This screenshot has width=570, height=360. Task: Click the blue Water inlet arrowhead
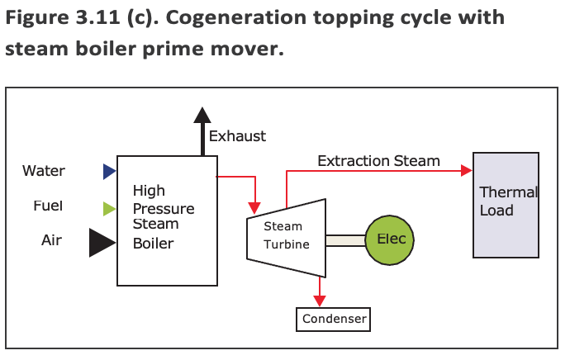(x=109, y=172)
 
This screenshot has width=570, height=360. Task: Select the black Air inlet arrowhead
(x=102, y=241)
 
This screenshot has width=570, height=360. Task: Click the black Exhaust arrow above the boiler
(x=201, y=132)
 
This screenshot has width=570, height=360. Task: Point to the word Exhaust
(x=237, y=136)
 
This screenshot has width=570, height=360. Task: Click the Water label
(x=44, y=172)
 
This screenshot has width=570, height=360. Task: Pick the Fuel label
(x=48, y=206)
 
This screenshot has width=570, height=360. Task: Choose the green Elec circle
(x=390, y=240)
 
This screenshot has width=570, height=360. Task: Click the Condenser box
(x=333, y=318)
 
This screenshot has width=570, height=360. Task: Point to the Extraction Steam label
(x=378, y=161)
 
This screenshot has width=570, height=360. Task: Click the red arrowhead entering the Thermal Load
(x=466, y=171)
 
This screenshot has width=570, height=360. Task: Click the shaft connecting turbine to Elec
(x=345, y=240)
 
